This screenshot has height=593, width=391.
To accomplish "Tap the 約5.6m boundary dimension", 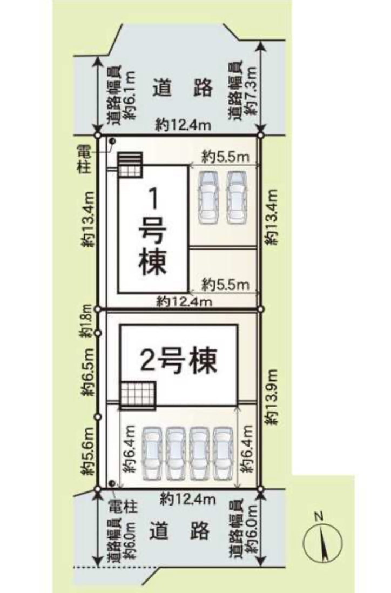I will pyautogui.click(x=88, y=452).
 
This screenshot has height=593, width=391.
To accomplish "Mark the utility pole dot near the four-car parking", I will pyautogui.click(x=111, y=483).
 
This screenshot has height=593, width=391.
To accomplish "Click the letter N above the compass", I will pyautogui.click(x=319, y=516).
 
